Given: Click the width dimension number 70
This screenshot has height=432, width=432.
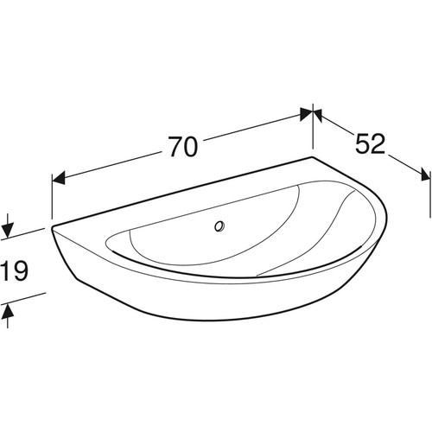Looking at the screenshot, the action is pos(183,147).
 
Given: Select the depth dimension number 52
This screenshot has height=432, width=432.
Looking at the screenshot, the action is pos(370,143).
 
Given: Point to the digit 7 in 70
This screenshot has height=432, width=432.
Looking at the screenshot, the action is pos(175,147).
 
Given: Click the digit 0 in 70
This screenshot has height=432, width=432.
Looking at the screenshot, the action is pos(191,147).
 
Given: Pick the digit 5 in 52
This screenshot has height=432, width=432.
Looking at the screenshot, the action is pos(362,143).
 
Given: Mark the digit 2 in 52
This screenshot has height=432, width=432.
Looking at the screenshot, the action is pos(378,143).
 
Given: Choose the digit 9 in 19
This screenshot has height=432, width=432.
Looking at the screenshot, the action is pos(21,270).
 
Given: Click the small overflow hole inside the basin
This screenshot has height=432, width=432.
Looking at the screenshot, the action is pos(219,226).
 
